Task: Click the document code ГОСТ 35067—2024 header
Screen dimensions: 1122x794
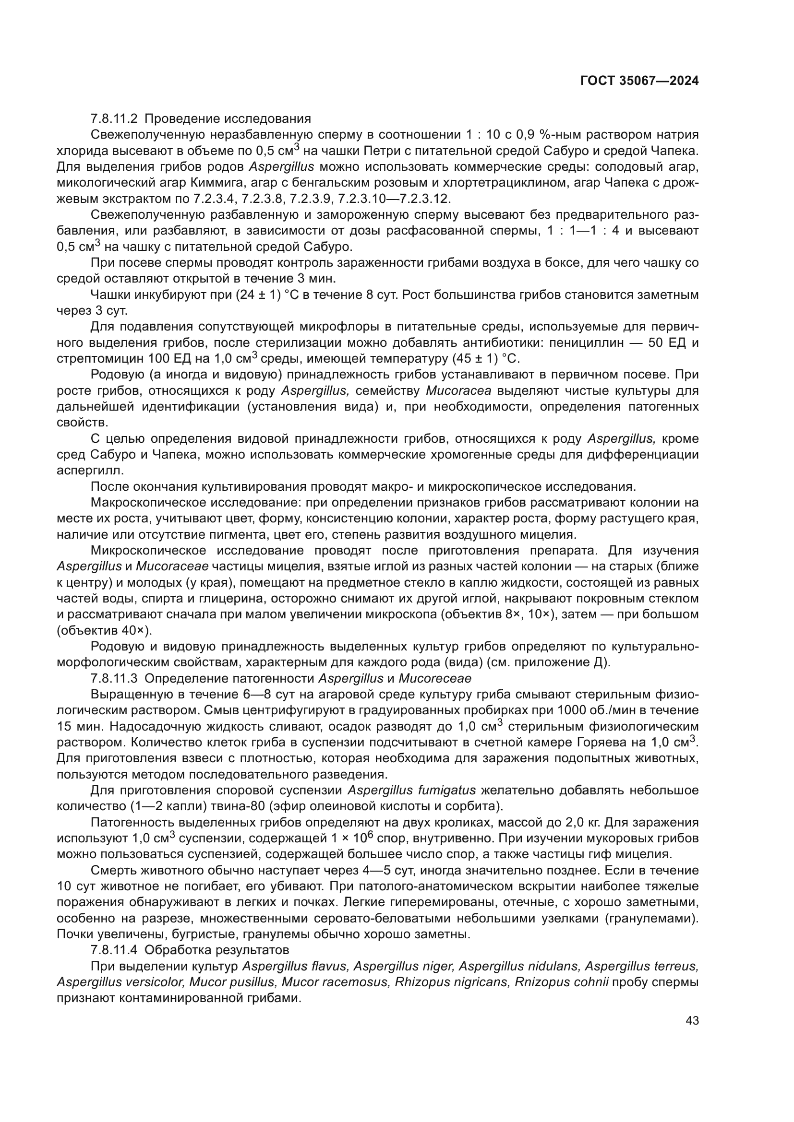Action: pyautogui.click(x=639, y=81)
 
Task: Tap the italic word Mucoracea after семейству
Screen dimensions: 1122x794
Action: pyautogui.click(x=458, y=390)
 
